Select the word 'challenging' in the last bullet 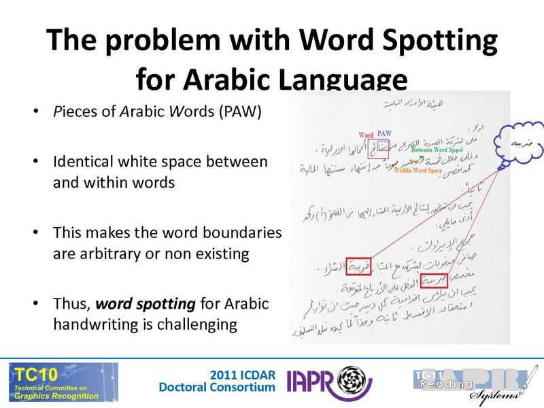[x=199, y=324]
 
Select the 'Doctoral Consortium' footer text [x=217, y=388]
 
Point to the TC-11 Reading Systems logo [x=470, y=382]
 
